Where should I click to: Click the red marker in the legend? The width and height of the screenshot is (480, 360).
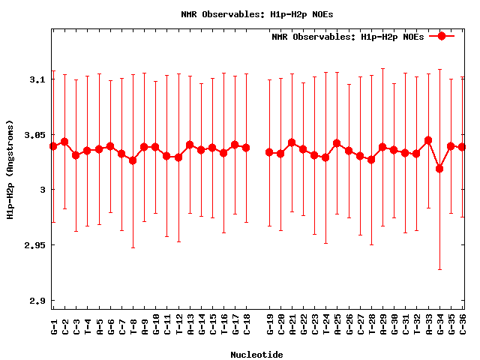pyautogui.click(x=442, y=36)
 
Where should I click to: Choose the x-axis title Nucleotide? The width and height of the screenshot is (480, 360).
pyautogui.click(x=256, y=354)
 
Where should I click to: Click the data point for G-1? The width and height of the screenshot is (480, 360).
pyautogui.click(x=53, y=146)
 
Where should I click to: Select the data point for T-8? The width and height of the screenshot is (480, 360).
pyautogui.click(x=133, y=160)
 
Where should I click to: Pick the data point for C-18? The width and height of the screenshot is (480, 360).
pyautogui.click(x=246, y=148)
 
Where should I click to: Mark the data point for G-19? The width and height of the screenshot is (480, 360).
pyautogui.click(x=269, y=152)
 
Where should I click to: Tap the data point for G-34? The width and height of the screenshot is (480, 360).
pyautogui.click(x=439, y=169)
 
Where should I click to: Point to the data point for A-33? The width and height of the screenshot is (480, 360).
pyautogui.click(x=428, y=140)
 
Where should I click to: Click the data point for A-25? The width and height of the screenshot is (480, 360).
pyautogui.click(x=337, y=143)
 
